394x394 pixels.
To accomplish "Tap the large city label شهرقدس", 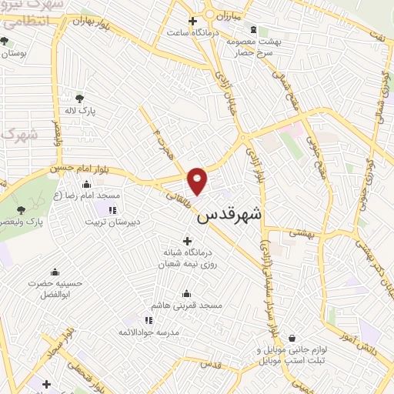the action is pos(229,216).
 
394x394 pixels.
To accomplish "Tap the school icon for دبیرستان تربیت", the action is pos(112,209).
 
